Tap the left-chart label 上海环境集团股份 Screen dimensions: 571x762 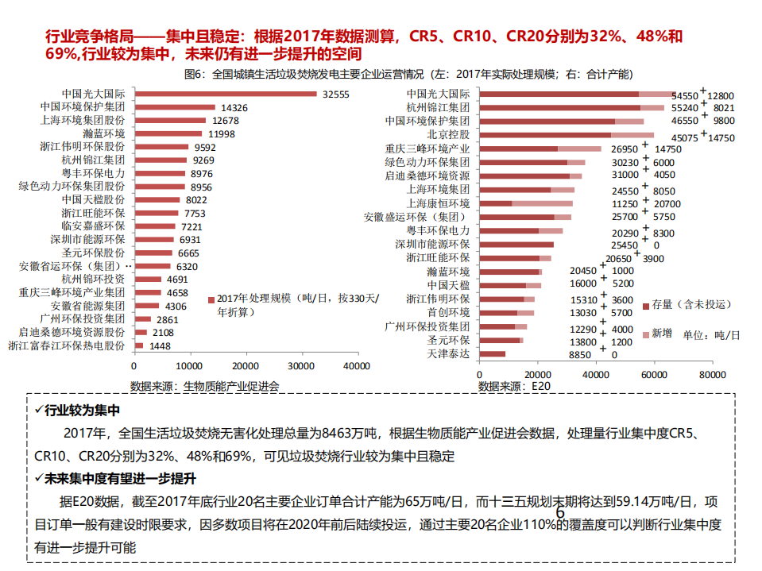pos(82,121)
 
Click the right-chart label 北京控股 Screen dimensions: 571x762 pos(448,134)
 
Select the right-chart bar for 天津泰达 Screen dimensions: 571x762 pos(493,354)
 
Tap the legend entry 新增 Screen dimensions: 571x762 pos(661,334)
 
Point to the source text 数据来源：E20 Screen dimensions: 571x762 pos(513,386)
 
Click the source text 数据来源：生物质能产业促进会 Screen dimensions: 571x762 pos(205,386)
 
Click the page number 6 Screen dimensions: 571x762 pos(559,512)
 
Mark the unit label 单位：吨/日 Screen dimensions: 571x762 pos(711,335)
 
